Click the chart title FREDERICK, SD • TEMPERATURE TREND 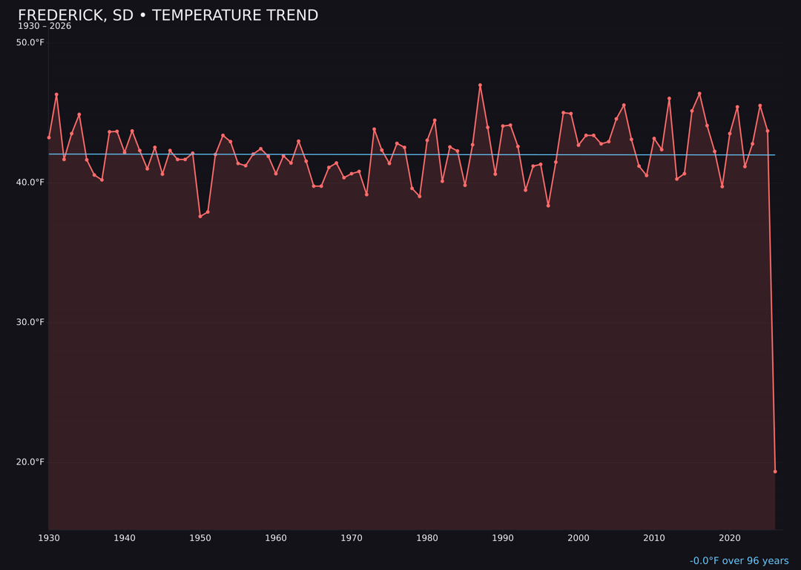(x=168, y=16)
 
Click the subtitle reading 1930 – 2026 (x=44, y=27)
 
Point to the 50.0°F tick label (x=30, y=42)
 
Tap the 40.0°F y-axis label (x=30, y=183)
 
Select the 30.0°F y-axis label (x=30, y=322)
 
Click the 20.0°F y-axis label (x=30, y=462)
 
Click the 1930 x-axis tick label (x=48, y=538)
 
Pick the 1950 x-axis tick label (x=200, y=538)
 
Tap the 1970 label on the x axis (x=352, y=538)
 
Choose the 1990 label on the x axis (x=503, y=538)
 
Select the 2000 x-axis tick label (x=578, y=538)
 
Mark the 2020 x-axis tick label (x=730, y=538)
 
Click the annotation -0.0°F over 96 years (x=739, y=561)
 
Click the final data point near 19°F (x=775, y=471)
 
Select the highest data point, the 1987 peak (x=480, y=85)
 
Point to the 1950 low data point (x=200, y=216)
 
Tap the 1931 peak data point (x=56, y=94)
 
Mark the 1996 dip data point (x=548, y=206)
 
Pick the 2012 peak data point (x=669, y=98)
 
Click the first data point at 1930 (x=49, y=137)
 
